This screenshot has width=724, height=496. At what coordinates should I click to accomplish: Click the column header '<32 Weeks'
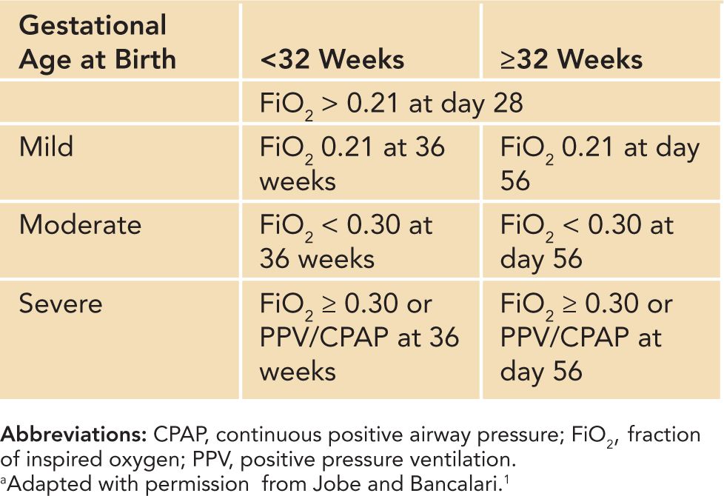pos(332,59)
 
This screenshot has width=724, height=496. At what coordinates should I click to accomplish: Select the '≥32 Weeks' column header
pos(572,59)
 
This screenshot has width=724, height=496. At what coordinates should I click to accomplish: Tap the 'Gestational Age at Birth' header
pos(98,43)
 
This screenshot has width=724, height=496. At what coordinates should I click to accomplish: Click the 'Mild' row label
pos(47,147)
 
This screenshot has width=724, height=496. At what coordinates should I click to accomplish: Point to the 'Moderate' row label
pos(80,225)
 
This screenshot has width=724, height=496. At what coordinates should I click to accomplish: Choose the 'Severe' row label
pos(61,304)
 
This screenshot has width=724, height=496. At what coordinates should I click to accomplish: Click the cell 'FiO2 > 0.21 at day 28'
pos(392,103)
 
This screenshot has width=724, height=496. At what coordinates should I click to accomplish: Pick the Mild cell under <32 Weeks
pos(352,163)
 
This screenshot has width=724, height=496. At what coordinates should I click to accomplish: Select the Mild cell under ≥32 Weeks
pos(600,163)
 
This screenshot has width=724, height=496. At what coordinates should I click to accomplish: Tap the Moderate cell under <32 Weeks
pos(346,241)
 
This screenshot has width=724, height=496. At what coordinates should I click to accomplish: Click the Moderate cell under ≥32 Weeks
pos(587,241)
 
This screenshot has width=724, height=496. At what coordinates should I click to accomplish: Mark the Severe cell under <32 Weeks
pos(359,336)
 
